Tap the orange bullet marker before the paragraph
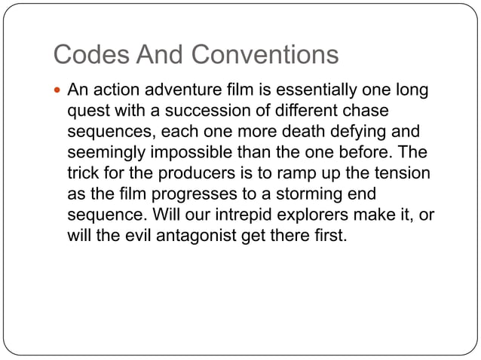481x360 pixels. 58,93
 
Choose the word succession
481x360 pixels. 194,112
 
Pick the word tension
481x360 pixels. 402,174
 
